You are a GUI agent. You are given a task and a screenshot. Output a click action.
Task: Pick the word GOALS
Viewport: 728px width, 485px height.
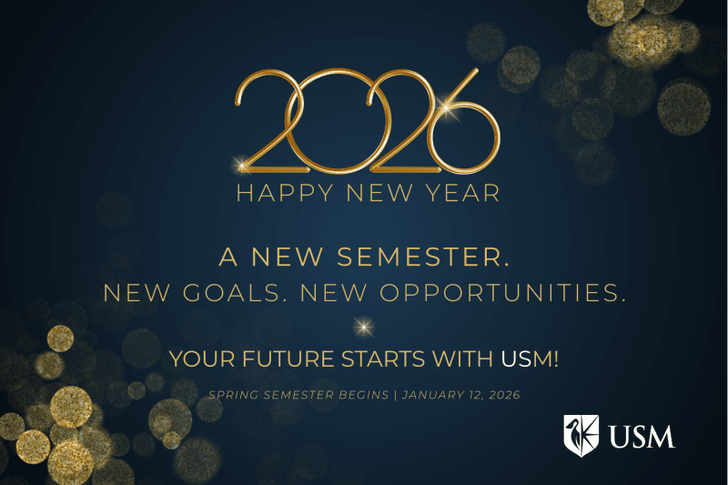tap(238, 293)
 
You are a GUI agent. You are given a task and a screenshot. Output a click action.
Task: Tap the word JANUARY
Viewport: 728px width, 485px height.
tap(431, 396)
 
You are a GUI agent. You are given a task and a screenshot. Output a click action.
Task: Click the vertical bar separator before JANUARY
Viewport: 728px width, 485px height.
tap(392, 396)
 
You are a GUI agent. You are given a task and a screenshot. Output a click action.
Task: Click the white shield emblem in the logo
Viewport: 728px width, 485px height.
tap(581, 435)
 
